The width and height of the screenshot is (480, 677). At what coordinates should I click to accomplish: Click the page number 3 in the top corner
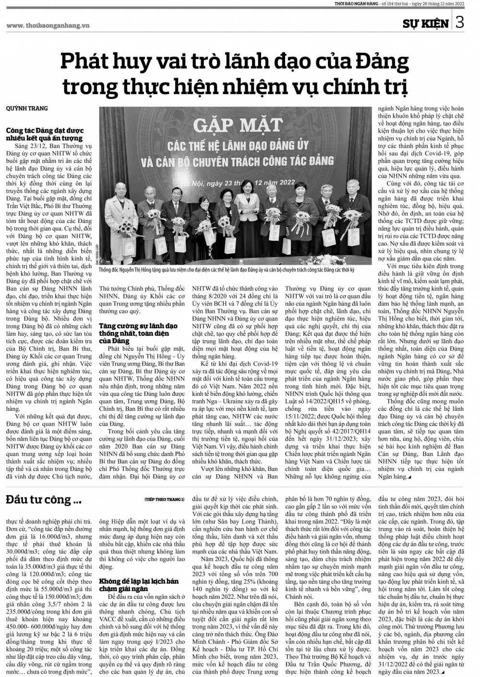click(x=460, y=22)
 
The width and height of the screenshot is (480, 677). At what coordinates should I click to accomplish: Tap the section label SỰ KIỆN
click(x=425, y=23)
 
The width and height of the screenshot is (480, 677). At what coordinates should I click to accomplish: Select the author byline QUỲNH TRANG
click(x=27, y=109)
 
